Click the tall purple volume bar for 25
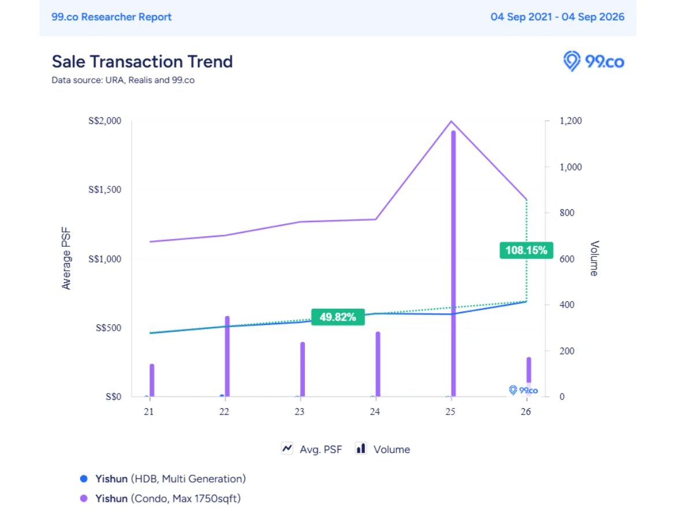pyautogui.click(x=453, y=264)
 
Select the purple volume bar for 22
pyautogui.click(x=228, y=356)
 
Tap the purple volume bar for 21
pyautogui.click(x=152, y=380)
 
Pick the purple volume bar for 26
pyautogui.click(x=528, y=376)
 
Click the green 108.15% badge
pyautogui.click(x=526, y=250)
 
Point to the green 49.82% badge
pyautogui.click(x=338, y=317)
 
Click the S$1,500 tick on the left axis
pyautogui.click(x=105, y=190)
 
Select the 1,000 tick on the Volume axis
pyautogui.click(x=571, y=167)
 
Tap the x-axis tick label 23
pyautogui.click(x=300, y=412)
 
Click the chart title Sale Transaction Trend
pyautogui.click(x=142, y=61)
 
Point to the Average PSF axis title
pyautogui.click(x=66, y=258)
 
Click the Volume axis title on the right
pyautogui.click(x=594, y=258)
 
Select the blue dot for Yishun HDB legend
pyautogui.click(x=84, y=479)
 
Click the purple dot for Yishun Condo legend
pyautogui.click(x=84, y=498)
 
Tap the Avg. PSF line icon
pyautogui.click(x=287, y=449)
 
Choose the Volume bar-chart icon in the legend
pyautogui.click(x=361, y=449)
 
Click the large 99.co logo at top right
pyautogui.click(x=594, y=61)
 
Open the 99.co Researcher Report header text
pyautogui.click(x=111, y=17)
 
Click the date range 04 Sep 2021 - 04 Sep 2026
pyautogui.click(x=557, y=17)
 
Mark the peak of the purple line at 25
pyautogui.click(x=451, y=121)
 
